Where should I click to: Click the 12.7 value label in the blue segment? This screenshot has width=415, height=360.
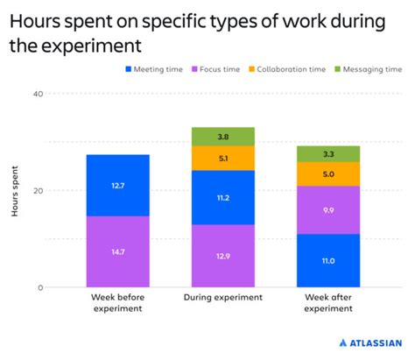(117, 186)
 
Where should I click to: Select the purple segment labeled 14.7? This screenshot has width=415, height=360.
(117, 251)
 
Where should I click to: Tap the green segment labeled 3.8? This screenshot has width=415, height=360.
(223, 137)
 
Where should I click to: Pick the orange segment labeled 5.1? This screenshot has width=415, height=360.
(223, 159)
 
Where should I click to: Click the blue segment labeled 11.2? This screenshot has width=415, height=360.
(223, 197)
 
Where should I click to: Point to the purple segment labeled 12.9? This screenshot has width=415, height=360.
(223, 255)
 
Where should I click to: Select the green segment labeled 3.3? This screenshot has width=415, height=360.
(328, 154)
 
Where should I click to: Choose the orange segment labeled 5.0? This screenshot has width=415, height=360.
(328, 174)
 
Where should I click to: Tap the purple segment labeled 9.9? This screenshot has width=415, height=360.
(328, 210)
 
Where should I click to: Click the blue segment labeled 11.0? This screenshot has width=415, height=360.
(328, 260)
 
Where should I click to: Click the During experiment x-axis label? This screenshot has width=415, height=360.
(223, 298)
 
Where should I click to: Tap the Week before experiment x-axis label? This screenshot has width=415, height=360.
(117, 303)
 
